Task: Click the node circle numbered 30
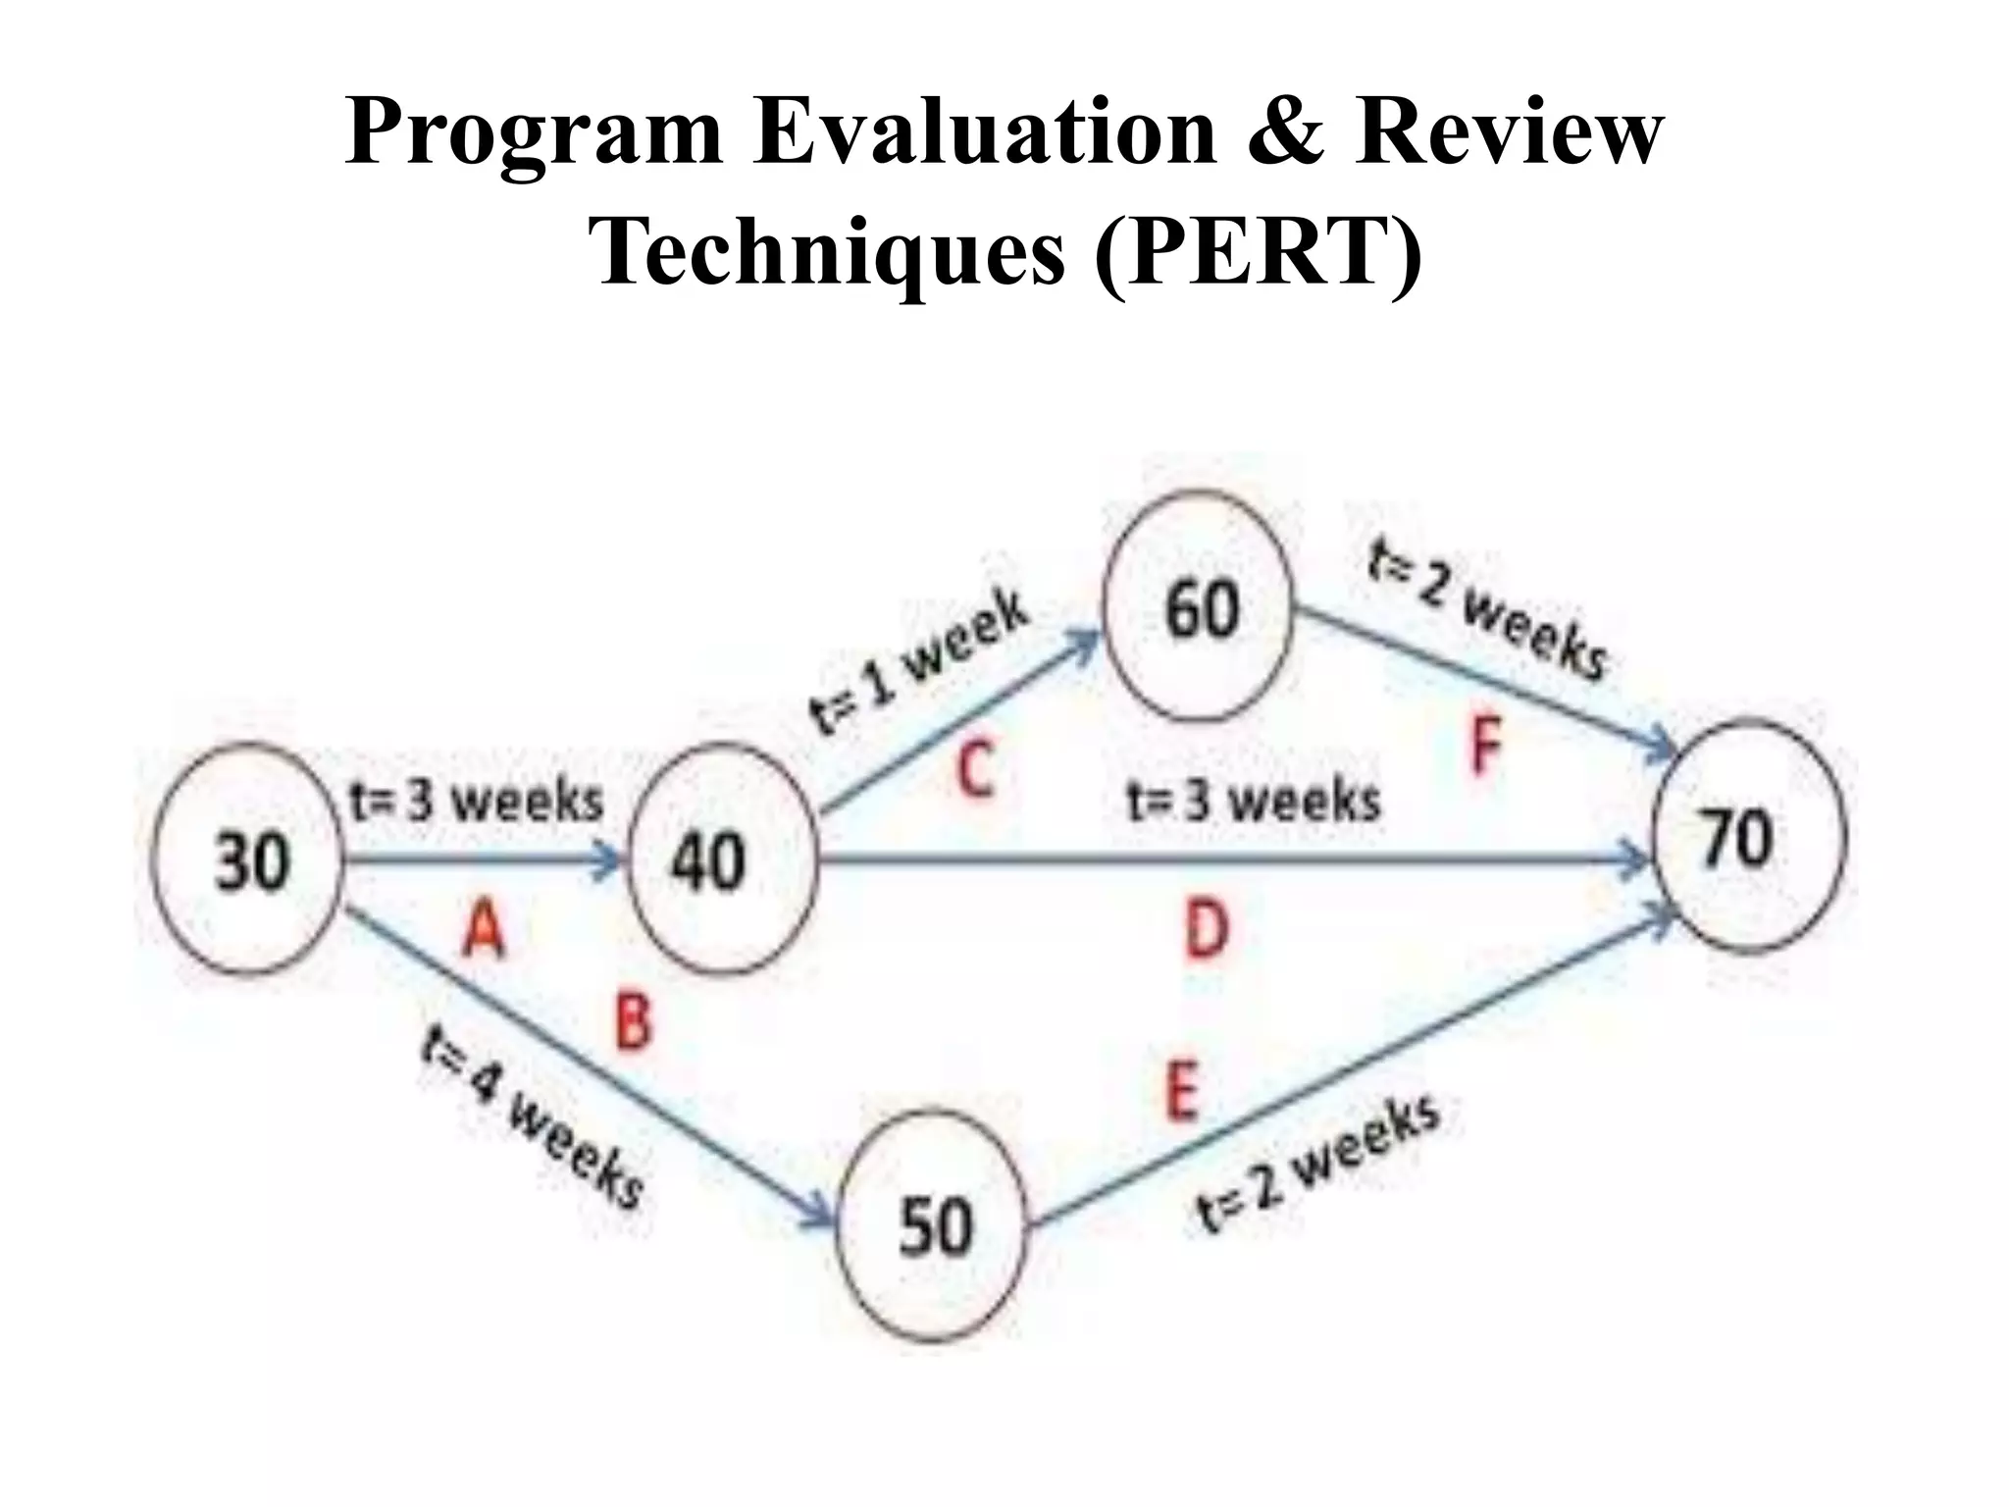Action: pos(246,859)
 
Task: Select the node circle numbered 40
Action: pos(721,859)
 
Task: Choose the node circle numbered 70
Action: pos(1749,837)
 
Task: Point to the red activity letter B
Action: pos(633,1019)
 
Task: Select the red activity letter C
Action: pos(975,770)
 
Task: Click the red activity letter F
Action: pos(1486,745)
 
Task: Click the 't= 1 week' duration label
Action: pos(919,661)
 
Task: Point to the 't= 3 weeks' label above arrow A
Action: pos(477,802)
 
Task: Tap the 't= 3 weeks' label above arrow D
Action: pos(1254,801)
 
